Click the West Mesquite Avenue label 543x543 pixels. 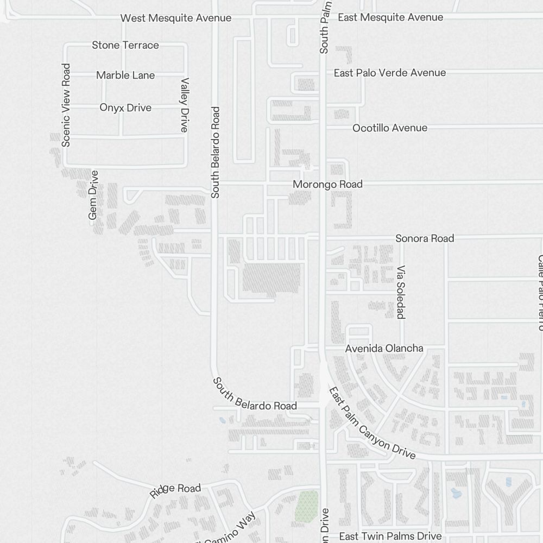tap(176, 18)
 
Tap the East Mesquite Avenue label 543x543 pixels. tap(390, 17)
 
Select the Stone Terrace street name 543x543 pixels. tap(125, 45)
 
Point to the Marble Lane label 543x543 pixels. tap(125, 75)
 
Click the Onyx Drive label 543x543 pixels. tap(125, 108)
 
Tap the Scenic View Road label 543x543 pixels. tap(66, 105)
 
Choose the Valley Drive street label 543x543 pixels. tap(185, 105)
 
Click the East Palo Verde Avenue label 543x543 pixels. tap(390, 73)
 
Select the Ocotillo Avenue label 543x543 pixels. tap(390, 128)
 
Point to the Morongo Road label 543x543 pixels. tap(327, 185)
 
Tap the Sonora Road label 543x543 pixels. tap(425, 238)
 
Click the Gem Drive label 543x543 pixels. tap(93, 195)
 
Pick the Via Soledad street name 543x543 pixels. tap(401, 292)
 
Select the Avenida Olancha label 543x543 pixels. tap(384, 348)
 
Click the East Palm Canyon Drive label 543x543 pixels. tap(372, 423)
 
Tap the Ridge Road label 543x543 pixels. tap(175, 490)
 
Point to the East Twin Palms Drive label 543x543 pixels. tap(390, 536)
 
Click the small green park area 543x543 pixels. tap(307, 503)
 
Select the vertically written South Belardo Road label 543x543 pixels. tap(216, 152)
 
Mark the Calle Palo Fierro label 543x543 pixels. tap(539, 292)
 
